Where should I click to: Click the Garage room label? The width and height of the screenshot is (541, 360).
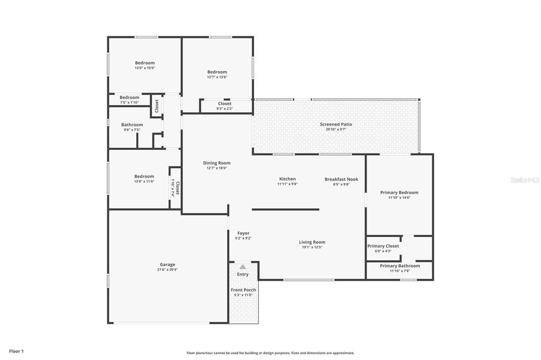167,264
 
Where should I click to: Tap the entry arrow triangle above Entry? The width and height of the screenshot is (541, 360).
242,267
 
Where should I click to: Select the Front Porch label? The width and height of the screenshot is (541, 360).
243,290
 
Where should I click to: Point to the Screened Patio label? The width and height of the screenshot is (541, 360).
335,124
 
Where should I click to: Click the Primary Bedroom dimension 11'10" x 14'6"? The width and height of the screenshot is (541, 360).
399,197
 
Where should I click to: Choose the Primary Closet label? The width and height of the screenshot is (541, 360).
383,246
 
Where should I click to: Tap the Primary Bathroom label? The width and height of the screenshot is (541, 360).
399,266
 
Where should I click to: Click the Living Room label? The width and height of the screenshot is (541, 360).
312,242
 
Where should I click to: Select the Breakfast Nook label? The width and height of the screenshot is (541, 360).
341,179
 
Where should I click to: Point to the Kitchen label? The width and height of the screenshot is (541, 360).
287,179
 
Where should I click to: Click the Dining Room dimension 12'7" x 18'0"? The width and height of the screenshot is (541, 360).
217,168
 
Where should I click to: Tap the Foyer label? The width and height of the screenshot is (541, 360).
243,233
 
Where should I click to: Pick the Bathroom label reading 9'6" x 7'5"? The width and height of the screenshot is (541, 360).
132,125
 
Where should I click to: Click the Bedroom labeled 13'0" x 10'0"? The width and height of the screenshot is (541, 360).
144,63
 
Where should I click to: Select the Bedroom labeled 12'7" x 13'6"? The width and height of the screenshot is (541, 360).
217,72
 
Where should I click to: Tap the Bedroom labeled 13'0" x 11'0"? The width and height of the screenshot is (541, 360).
144,176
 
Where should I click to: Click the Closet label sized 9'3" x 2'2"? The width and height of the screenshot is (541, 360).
224,103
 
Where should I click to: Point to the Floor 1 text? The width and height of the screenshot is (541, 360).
16,351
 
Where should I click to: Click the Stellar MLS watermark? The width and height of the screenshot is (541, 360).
525,180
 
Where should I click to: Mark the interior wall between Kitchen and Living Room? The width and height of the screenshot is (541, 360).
285,210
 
